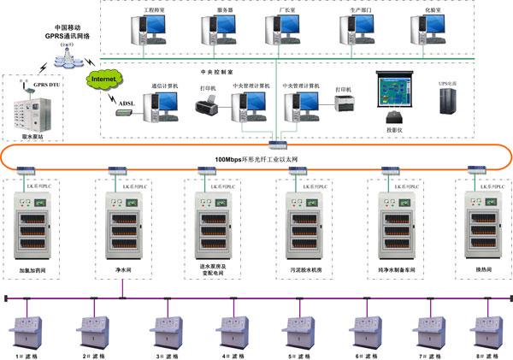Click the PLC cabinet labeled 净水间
[x=121, y=226]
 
